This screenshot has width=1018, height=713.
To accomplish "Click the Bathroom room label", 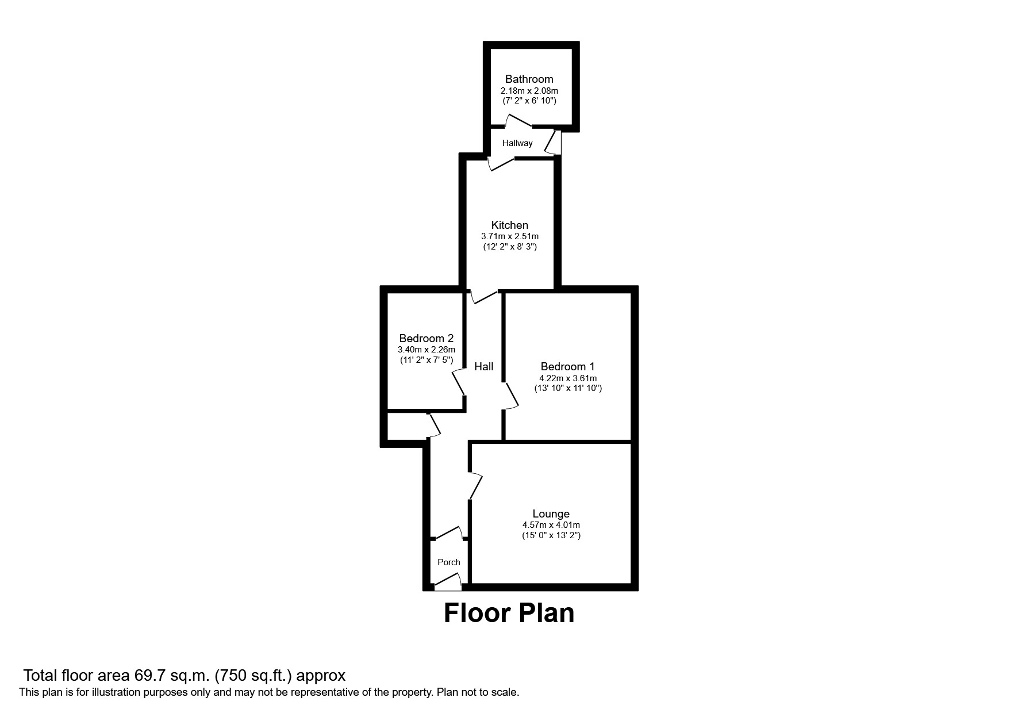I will [529, 79].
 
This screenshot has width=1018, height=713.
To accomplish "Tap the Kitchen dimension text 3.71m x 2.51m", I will [509, 236].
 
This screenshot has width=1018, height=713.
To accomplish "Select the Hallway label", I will [517, 143].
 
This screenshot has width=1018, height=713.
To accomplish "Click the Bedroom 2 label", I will [426, 338].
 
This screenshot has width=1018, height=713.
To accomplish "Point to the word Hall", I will [483, 366].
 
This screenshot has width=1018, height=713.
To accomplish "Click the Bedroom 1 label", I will [567, 366].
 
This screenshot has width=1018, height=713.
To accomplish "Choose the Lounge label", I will [551, 513].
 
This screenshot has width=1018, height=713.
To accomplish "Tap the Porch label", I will [448, 562].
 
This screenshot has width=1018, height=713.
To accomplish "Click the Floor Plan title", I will [509, 613].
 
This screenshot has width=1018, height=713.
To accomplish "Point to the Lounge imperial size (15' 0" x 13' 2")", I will [551, 535].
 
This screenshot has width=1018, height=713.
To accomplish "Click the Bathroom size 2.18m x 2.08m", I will [529, 91].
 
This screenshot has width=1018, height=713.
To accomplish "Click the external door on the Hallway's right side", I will [554, 142].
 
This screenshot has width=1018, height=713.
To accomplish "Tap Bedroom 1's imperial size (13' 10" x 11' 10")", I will [567, 388].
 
